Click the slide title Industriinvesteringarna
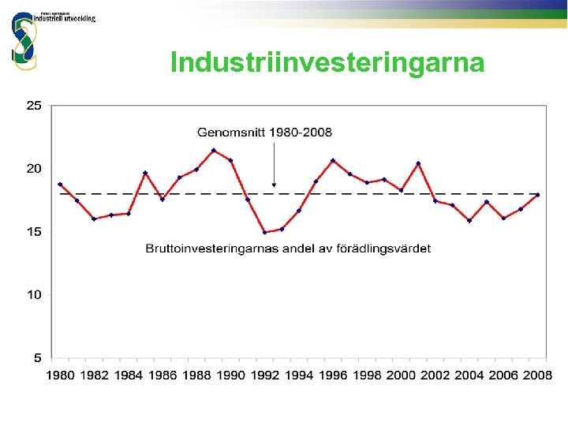click(x=327, y=62)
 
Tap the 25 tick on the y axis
click(x=34, y=105)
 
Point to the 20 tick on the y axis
click(x=34, y=168)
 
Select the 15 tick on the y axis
click(x=34, y=232)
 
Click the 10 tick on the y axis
click(x=34, y=295)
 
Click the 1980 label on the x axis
click(x=60, y=376)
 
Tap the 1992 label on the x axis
click(x=265, y=376)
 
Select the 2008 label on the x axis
click(x=537, y=376)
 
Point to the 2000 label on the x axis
click(x=402, y=376)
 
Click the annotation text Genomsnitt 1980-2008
click(x=264, y=132)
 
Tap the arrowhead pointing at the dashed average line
click(x=274, y=185)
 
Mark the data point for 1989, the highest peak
click(x=214, y=150)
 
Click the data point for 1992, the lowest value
click(x=264, y=232)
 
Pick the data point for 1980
click(x=60, y=184)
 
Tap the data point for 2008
click(x=537, y=195)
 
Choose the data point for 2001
click(x=418, y=163)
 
